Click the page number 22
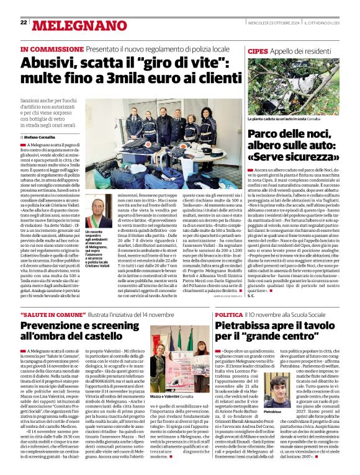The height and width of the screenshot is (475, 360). pos(24,22)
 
